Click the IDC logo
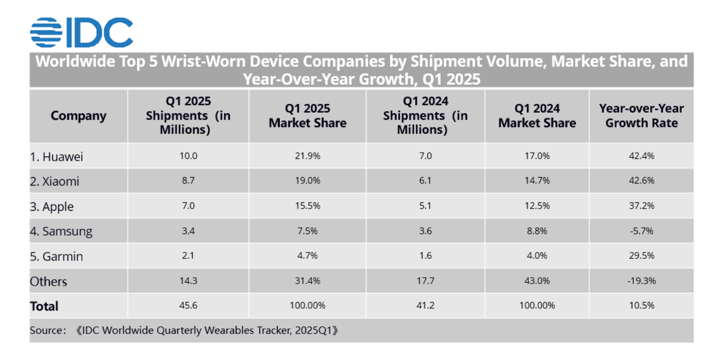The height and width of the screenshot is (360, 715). tap(82, 32)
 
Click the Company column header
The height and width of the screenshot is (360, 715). tap(79, 116)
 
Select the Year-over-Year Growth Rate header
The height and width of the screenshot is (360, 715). tap(642, 115)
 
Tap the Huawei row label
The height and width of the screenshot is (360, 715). tap(56, 157)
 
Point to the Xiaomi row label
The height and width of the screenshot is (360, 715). tap(55, 181)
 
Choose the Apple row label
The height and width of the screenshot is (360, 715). tap(52, 207)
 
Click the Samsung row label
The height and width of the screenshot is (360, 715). tap(61, 231)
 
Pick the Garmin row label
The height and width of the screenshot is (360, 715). tap(56, 257)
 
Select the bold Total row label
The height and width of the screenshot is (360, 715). tap(44, 306)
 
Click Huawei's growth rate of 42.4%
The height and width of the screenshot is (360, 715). tap(642, 156)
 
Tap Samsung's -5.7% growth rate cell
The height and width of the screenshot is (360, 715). tap(642, 231)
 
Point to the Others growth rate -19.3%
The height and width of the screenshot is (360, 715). tap(642, 281)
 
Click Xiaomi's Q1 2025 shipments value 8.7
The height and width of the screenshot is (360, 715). tap(188, 180)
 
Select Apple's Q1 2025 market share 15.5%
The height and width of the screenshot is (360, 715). tap(307, 206)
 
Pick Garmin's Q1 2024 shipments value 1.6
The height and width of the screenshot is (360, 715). tap(426, 256)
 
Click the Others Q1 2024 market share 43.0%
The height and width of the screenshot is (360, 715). tap(537, 281)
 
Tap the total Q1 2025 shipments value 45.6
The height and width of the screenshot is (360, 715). tap(188, 305)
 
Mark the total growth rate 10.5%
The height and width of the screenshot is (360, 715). tap(642, 305)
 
